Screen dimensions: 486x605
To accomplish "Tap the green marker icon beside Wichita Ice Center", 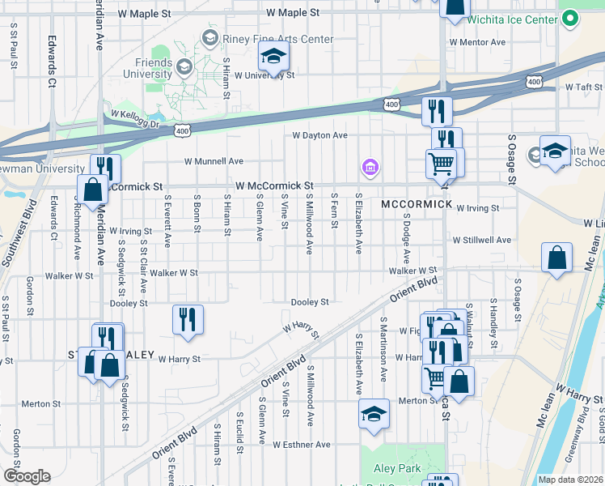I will pyautogui.click(x=570, y=18).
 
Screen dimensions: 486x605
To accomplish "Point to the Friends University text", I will pyautogui.click(x=147, y=69).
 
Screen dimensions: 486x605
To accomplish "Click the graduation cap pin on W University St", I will pyautogui.click(x=273, y=58).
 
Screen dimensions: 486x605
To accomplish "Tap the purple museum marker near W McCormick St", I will pyautogui.click(x=370, y=168).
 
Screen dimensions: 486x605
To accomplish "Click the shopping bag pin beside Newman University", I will pyautogui.click(x=93, y=191).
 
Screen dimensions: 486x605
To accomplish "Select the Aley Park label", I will pyautogui.click(x=396, y=468).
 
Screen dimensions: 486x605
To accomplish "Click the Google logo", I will pyautogui.click(x=27, y=476).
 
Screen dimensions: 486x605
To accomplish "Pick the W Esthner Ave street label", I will pyautogui.click(x=301, y=445).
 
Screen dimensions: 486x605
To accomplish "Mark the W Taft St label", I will pyautogui.click(x=583, y=86).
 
